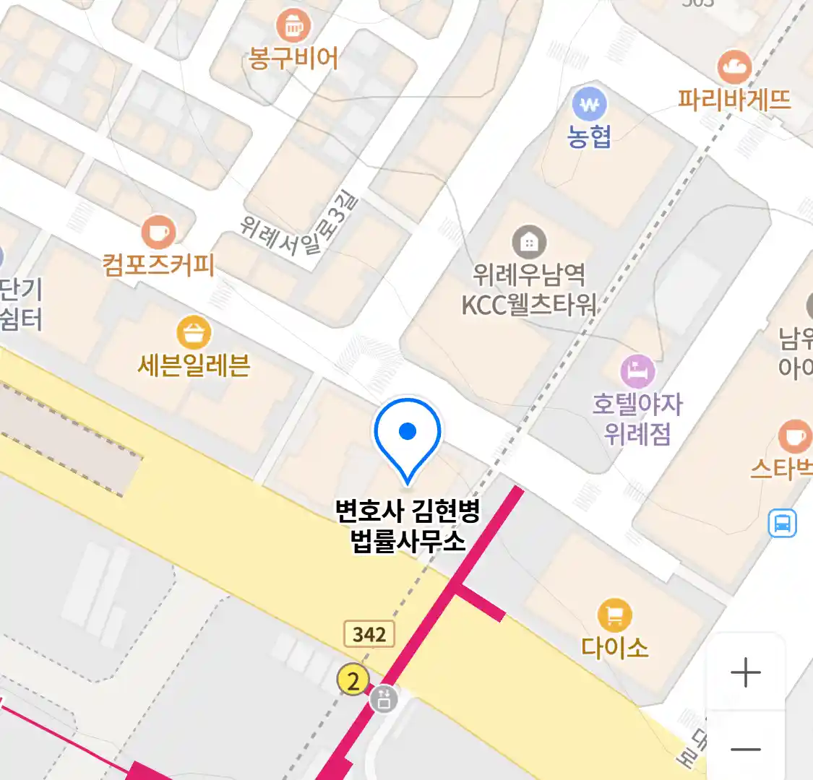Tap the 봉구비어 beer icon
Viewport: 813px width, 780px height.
pos(293,27)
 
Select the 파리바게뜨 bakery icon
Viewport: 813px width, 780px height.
pos(734,67)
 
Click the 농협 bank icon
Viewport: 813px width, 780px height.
pos(590,105)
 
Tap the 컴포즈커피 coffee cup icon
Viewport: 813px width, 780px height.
pos(158,233)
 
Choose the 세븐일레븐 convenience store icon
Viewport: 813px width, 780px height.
pos(194,333)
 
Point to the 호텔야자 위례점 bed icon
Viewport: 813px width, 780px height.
pos(637,372)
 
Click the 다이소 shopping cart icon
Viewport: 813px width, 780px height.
pos(614,616)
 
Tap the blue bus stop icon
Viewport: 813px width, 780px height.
pos(782,523)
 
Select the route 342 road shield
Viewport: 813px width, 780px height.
pos(369,634)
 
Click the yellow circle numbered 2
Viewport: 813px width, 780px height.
pos(353,680)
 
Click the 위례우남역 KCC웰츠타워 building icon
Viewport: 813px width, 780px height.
pos(529,243)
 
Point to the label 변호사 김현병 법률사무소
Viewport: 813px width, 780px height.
pos(408,526)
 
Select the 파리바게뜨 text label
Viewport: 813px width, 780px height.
pos(734,99)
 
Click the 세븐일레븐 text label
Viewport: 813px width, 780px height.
pos(194,365)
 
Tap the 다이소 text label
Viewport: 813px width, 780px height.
pos(615,646)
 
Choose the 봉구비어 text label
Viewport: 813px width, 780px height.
pos(293,58)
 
